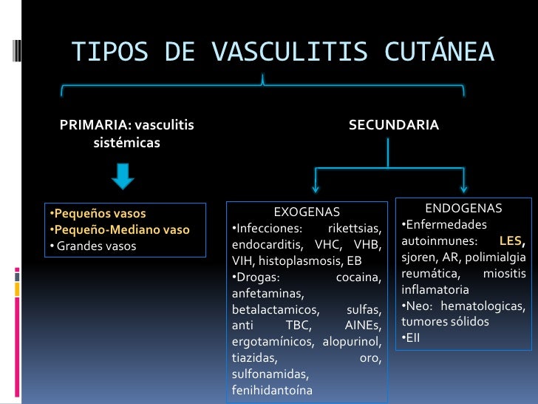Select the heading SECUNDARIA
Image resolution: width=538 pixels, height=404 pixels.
point(393,126)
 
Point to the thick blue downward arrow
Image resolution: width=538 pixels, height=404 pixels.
point(123,175)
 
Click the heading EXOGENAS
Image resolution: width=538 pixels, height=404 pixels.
point(307,212)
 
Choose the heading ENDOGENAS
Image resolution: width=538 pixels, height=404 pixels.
point(463,209)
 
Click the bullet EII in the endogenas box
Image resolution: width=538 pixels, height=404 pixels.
point(412,339)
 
